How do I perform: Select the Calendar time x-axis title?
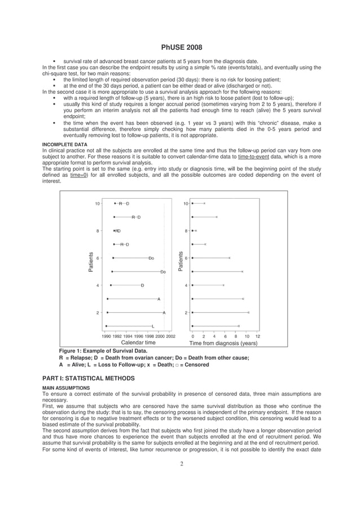point(138,342)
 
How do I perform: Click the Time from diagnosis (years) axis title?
point(223,343)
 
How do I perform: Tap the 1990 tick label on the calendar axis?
point(106,335)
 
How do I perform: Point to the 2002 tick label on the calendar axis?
point(170,335)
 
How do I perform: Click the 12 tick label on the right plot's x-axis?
point(257,335)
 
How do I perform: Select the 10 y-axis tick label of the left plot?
point(98,203)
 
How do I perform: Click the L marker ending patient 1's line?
point(153,326)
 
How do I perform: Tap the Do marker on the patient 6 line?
point(151,258)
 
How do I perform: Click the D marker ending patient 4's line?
point(142,285)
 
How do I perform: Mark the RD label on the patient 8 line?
point(118,231)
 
